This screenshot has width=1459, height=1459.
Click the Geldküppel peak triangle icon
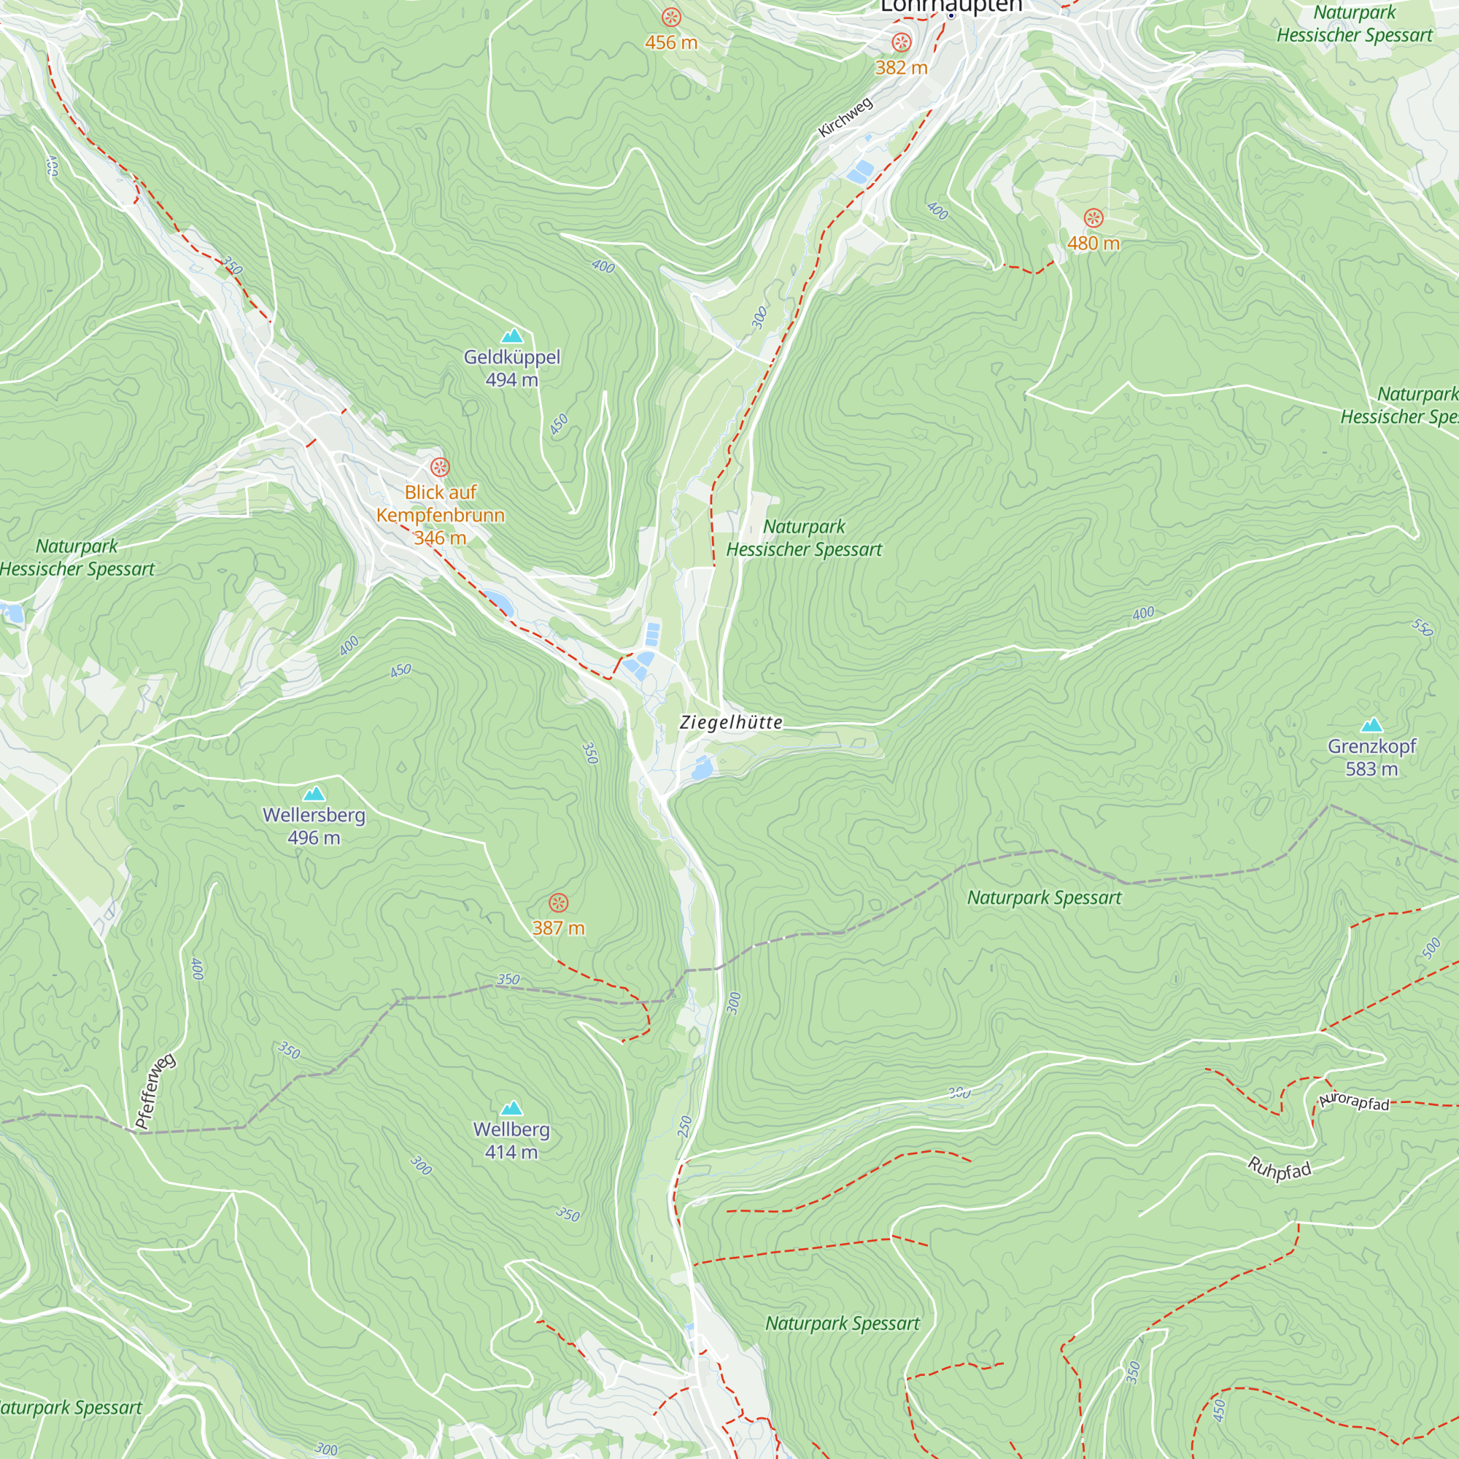[512, 336]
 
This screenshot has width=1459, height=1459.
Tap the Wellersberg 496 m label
[314, 827]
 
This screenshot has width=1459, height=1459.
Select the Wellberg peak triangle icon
[512, 1109]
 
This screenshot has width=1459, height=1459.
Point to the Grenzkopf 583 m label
[1371, 757]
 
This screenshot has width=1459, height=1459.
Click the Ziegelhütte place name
[731, 723]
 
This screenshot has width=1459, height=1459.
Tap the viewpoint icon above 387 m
[558, 902]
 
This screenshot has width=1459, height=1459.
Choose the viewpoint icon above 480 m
[1094, 219]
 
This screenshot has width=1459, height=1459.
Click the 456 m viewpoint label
[670, 43]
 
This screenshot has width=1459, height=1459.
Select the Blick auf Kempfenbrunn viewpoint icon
[441, 467]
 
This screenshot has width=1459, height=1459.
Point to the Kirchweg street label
[845, 117]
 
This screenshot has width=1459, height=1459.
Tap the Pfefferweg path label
[155, 1091]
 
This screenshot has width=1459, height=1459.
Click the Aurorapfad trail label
[1354, 1102]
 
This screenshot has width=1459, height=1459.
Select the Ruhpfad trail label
[1279, 1169]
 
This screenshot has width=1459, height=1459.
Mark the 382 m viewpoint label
[901, 68]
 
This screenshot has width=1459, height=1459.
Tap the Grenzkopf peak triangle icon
[1371, 726]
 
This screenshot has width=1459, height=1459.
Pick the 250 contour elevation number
[685, 1127]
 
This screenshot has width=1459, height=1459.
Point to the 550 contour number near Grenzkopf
[1422, 627]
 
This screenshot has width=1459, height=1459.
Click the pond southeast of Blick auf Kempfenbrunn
[499, 603]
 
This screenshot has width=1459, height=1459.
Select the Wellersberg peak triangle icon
[314, 794]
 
